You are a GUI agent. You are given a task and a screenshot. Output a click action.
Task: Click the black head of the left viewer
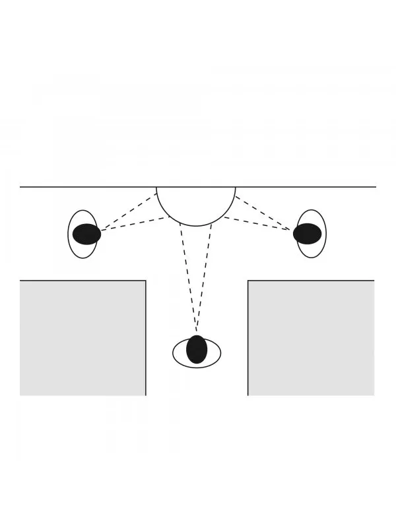(86, 234)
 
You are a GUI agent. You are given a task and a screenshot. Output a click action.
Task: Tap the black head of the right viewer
(307, 234)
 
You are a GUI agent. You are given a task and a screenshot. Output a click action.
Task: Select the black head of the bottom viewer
(197, 350)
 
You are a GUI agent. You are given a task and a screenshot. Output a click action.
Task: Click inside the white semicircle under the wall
(195, 203)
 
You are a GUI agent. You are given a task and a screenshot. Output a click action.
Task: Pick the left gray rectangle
(82, 337)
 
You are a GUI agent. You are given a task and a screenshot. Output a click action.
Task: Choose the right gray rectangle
(311, 337)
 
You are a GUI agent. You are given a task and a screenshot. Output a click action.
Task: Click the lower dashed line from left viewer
(135, 223)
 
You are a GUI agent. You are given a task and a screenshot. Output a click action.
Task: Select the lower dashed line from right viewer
(257, 223)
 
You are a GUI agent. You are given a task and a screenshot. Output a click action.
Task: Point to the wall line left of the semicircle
(86, 187)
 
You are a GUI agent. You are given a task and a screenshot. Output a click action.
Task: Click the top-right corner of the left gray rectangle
(145, 281)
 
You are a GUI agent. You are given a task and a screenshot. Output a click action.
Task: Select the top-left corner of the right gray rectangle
(248, 281)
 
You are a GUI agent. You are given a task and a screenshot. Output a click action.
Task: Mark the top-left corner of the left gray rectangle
(20, 281)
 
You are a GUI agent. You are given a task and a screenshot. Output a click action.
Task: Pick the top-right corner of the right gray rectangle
(374, 281)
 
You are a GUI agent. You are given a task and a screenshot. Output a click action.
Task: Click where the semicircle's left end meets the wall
(156, 187)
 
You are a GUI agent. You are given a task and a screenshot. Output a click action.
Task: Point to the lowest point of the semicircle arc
(195, 226)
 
